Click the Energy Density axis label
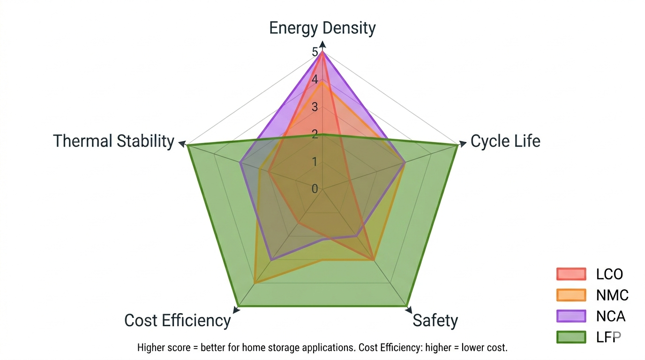[322, 28]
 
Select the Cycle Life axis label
[505, 141]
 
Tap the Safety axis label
[435, 321]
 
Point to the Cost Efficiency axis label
[177, 321]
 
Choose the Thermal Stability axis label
[113, 141]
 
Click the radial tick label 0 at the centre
[315, 188]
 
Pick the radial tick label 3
[315, 107]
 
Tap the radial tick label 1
[315, 162]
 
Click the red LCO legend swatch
[571, 274]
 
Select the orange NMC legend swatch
[571, 295]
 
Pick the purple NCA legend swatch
[571, 316]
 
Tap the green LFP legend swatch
[571, 337]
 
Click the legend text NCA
[611, 316]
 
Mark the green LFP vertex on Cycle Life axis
[457, 146]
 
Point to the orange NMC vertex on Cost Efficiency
[255, 283]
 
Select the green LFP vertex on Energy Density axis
[322, 135]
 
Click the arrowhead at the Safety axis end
[409, 309]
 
